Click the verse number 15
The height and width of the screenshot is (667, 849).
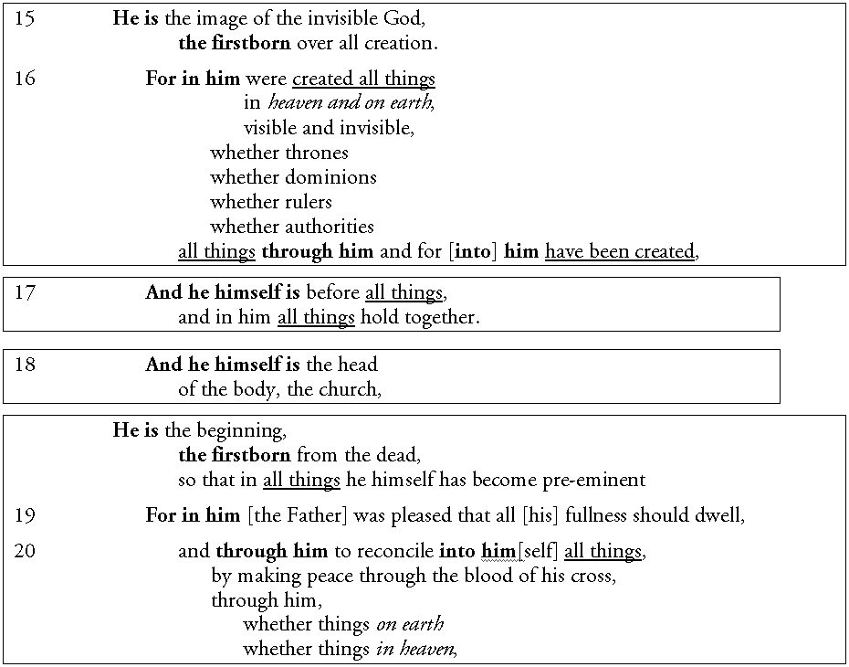(25, 18)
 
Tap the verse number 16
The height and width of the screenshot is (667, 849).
(25, 79)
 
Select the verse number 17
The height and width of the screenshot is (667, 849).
(25, 293)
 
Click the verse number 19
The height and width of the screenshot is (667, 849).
(25, 515)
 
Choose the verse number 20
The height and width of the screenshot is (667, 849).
(25, 551)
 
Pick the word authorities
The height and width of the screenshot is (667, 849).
(330, 227)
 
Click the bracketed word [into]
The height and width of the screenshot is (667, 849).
(472, 251)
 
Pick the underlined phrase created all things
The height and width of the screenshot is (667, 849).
(363, 79)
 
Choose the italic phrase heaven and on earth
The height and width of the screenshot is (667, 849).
(351, 103)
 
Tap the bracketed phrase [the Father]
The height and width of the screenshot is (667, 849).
(298, 515)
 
